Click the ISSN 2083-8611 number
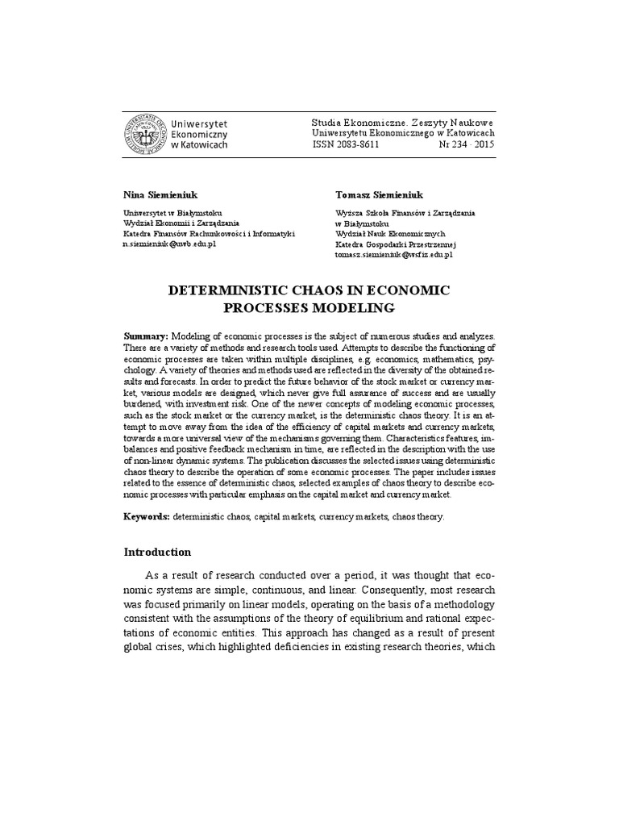(x=345, y=144)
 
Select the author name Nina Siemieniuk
(x=157, y=195)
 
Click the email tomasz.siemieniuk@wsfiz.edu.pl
(x=393, y=254)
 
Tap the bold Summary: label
(x=146, y=335)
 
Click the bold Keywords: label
(x=147, y=515)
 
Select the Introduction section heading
(x=157, y=553)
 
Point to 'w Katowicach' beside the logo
(x=200, y=145)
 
